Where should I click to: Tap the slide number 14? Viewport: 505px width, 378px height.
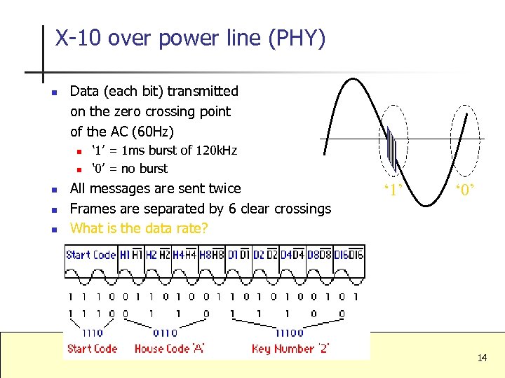tap(482, 358)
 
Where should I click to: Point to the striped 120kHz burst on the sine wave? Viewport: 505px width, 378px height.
tap(391, 148)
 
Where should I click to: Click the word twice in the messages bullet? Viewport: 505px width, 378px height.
tap(223, 188)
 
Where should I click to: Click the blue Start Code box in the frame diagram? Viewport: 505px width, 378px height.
tap(91, 255)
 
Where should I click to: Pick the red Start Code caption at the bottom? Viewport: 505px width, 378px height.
tap(92, 349)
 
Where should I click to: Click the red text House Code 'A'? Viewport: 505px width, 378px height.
tap(169, 349)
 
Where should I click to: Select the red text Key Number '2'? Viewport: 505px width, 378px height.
tap(291, 349)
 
